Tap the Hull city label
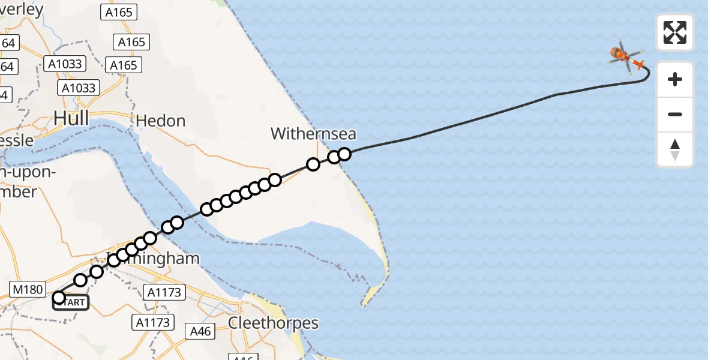click(71, 118)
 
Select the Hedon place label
click(160, 121)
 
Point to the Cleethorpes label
click(274, 323)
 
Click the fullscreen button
click(675, 32)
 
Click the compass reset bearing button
click(675, 149)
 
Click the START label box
click(71, 302)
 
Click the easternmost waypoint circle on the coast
click(344, 154)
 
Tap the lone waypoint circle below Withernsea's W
click(313, 164)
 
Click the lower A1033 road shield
click(79, 88)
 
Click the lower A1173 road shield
click(154, 322)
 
